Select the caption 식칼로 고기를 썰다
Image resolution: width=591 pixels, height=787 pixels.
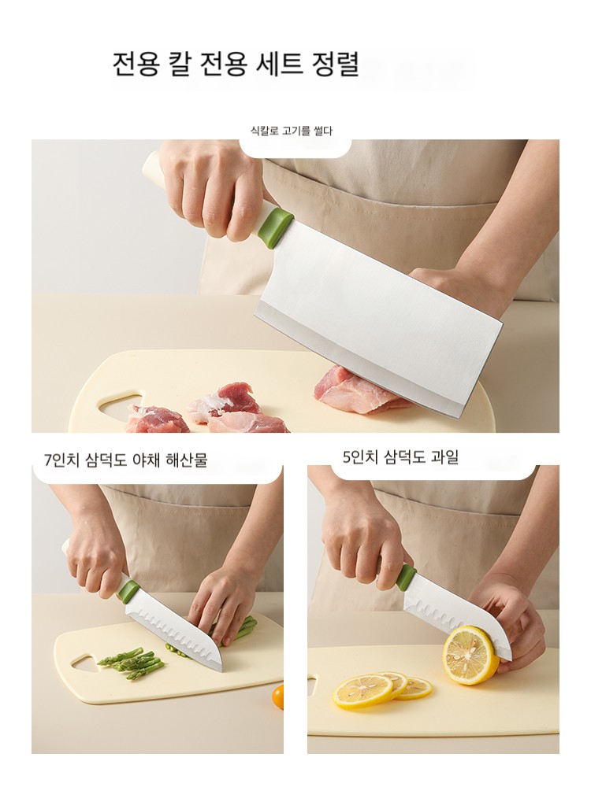(292, 131)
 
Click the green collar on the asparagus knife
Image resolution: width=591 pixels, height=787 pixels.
(128, 590)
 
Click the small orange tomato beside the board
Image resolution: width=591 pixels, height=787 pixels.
(278, 697)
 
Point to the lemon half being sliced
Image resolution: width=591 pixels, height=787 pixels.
(470, 655)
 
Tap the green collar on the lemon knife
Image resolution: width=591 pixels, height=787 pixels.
(406, 578)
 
